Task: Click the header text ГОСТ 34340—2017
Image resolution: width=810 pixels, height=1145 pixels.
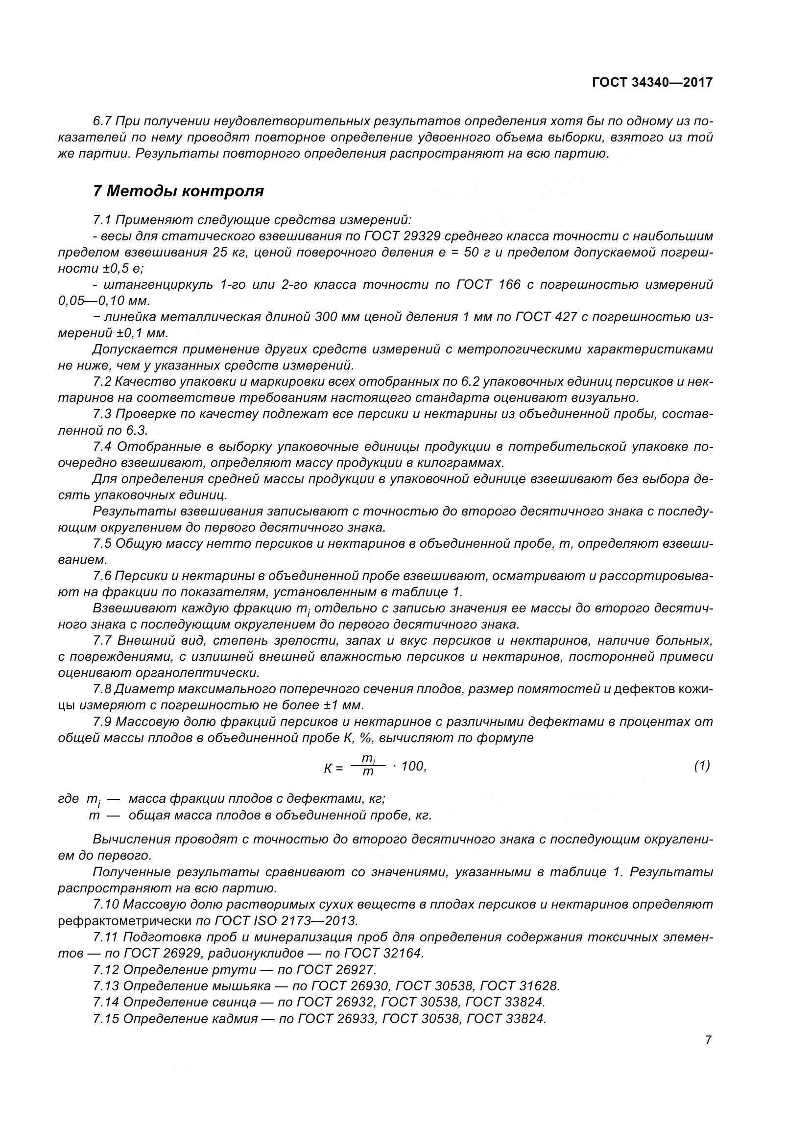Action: (x=652, y=82)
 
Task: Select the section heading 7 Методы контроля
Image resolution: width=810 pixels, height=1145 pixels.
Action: (x=178, y=191)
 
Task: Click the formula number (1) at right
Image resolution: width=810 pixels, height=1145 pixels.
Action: (x=702, y=765)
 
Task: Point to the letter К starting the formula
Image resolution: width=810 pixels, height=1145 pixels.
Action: (x=328, y=769)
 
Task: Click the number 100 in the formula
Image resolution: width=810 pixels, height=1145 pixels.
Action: (x=412, y=766)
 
